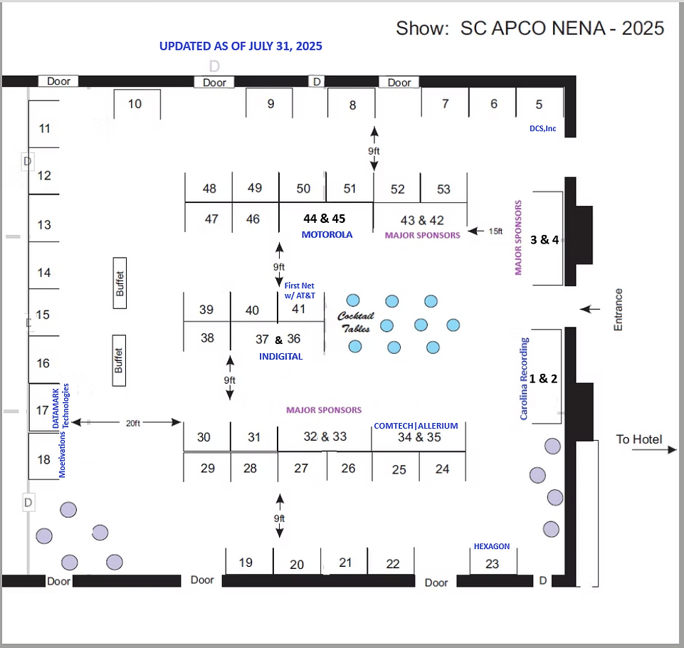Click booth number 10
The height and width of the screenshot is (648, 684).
coord(135,104)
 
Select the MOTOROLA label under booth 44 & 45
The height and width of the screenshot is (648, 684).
coord(327,234)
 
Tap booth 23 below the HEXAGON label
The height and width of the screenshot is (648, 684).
coord(492,564)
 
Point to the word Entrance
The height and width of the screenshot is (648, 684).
coord(618,309)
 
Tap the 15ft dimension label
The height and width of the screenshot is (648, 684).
coord(496,231)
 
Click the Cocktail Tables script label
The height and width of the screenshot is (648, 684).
coord(355,322)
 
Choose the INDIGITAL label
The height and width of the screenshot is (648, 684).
coord(280,356)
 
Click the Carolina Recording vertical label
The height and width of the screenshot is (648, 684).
coord(525,378)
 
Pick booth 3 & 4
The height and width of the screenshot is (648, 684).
coord(544,239)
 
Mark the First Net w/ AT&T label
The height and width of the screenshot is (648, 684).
coord(300,291)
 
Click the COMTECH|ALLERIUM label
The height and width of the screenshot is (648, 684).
coord(416,426)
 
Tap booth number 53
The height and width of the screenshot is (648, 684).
coord(443,189)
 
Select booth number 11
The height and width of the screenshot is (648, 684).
coord(45,129)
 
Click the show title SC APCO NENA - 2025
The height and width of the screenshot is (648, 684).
coord(530,28)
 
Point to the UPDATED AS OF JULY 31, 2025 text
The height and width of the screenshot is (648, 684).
coord(241,46)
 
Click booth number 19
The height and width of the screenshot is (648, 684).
coord(246,563)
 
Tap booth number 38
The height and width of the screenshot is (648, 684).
coord(207,338)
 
